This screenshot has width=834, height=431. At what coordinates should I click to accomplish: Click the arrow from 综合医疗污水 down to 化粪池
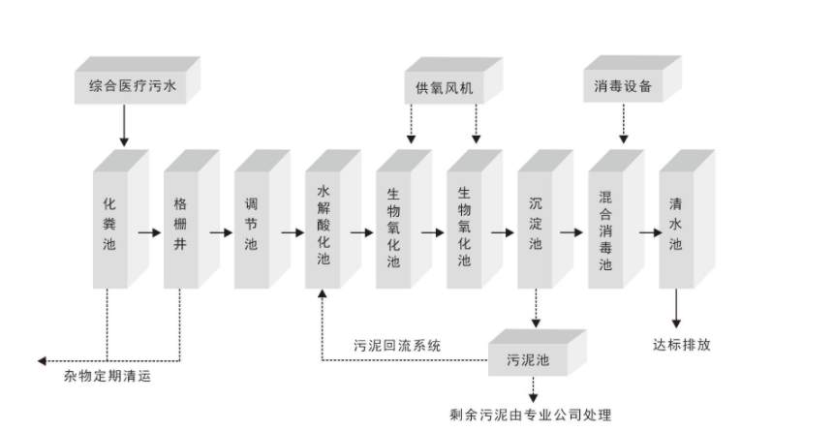123,124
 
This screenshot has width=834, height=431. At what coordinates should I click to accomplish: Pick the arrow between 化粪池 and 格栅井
149,232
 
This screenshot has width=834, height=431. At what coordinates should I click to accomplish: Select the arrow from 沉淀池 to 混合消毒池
573,232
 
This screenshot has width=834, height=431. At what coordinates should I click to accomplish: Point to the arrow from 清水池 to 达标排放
676,310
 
